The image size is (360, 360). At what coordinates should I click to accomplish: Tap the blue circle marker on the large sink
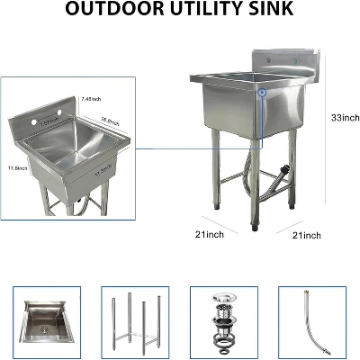click(x=261, y=92)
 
